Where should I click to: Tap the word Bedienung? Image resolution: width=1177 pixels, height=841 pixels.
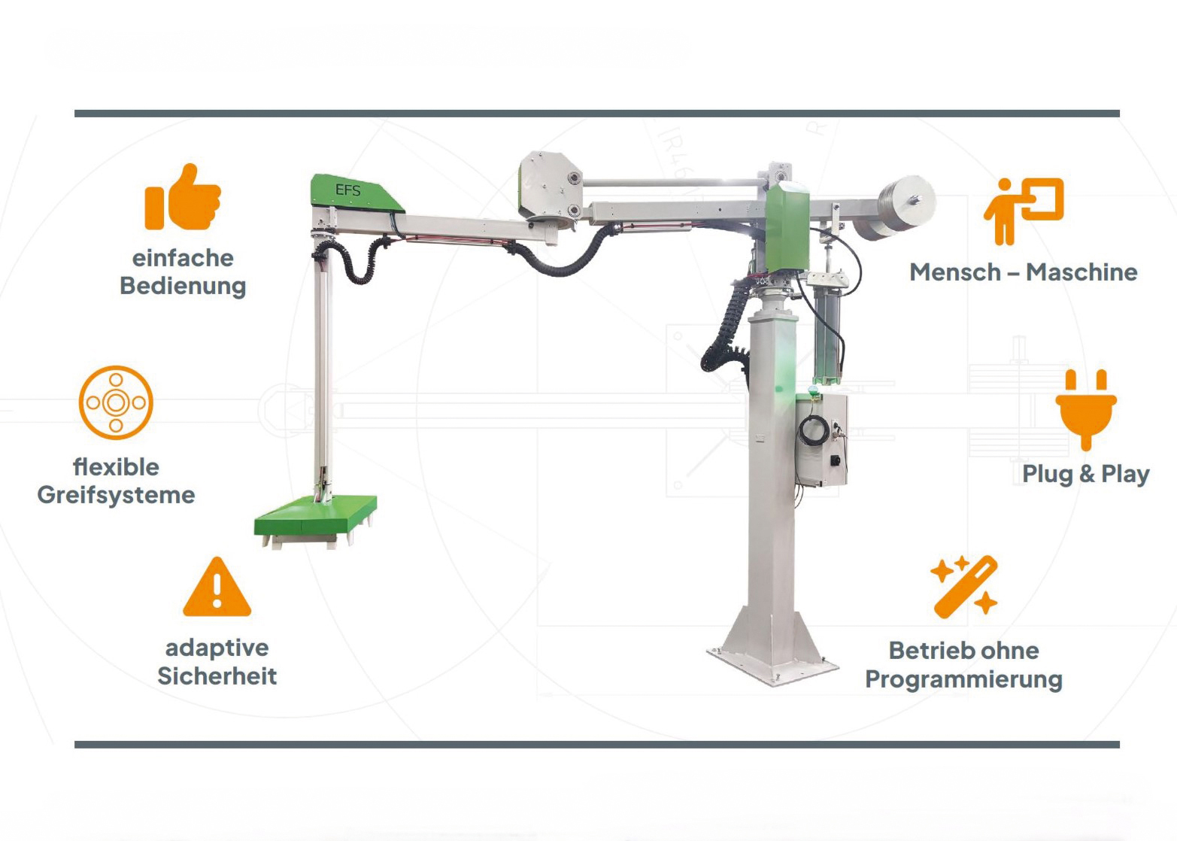[x=183, y=287]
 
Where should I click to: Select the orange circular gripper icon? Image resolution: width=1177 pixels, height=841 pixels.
[x=116, y=402]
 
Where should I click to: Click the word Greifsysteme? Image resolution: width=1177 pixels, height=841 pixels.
[x=116, y=495]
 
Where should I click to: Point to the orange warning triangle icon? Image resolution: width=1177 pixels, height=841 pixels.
[x=217, y=587]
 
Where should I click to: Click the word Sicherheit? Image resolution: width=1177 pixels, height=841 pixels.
[x=217, y=676]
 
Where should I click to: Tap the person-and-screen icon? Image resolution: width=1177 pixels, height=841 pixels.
[x=1024, y=211]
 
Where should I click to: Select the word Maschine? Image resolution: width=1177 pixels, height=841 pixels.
[x=1081, y=272]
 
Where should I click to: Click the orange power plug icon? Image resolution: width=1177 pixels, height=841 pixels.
[x=1086, y=410]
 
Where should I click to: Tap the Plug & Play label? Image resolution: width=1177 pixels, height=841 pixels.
[x=1085, y=474]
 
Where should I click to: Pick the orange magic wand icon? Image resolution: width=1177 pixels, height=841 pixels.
[x=963, y=587]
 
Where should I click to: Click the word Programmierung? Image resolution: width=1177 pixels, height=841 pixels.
[x=963, y=679]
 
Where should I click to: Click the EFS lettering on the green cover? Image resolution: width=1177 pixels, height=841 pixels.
[x=348, y=190]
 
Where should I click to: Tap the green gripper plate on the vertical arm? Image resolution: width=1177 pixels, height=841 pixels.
[x=315, y=517]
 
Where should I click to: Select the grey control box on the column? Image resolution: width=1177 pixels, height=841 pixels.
[x=821, y=441]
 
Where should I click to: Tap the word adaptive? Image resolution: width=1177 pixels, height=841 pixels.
[x=217, y=648]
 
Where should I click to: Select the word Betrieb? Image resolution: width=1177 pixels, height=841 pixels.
[x=925, y=651]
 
